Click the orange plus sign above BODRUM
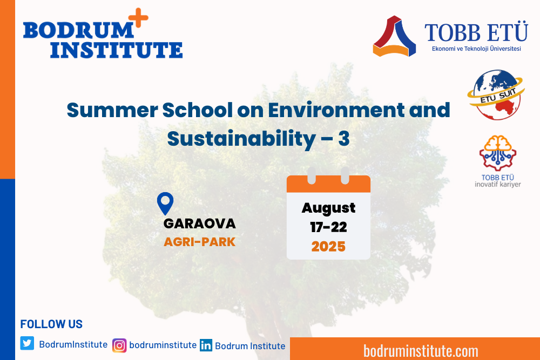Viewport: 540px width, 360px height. [138, 18]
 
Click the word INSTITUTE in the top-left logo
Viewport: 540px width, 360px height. [117, 50]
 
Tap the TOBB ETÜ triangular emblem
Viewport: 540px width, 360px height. [394, 36]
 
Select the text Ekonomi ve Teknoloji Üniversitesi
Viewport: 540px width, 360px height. [476, 49]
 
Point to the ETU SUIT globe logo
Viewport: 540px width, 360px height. [496, 94]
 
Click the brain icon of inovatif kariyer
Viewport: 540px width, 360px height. [498, 153]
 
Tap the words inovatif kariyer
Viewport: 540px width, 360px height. [498, 185]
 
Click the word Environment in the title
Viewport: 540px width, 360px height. [336, 110]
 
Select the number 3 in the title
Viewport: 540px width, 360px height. [343, 139]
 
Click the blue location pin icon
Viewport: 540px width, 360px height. [165, 203]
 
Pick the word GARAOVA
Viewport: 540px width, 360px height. [200, 223]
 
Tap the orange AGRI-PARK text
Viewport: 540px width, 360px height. [199, 242]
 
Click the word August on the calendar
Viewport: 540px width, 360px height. [328, 208]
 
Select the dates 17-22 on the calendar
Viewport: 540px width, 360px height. [328, 227]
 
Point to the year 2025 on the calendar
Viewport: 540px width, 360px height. [328, 247]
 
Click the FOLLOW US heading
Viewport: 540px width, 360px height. [51, 324]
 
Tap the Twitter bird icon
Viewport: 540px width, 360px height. [27, 343]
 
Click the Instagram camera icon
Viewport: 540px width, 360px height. [119, 345]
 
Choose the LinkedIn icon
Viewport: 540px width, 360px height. [206, 345]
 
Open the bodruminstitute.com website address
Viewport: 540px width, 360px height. [421, 351]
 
